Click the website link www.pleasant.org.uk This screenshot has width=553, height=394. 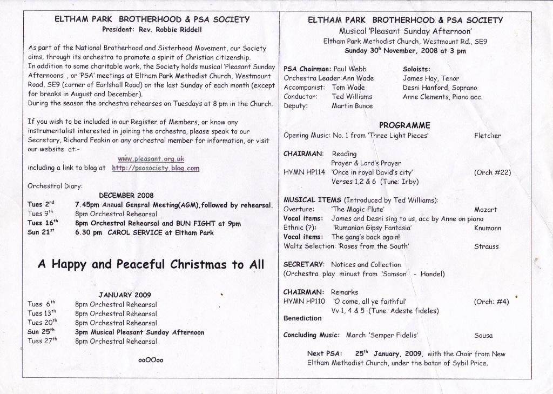coord(151,159)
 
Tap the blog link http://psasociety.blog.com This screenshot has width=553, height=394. coord(156,168)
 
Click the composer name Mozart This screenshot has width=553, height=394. coord(485,209)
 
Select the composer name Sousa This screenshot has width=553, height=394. coord(483,335)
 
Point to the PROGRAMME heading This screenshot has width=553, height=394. coord(405,125)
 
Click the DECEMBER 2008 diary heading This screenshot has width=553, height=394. coord(126,196)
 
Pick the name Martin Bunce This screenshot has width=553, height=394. coord(352,106)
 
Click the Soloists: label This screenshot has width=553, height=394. coord(416,69)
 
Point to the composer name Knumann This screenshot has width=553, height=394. coord(488,228)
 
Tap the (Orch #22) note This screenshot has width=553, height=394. coord(492,173)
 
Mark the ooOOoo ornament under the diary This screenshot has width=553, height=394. coord(151,360)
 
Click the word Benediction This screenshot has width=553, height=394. coord(302,318)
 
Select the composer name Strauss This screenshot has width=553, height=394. coord(487,246)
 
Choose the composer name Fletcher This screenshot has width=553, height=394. coord(487,136)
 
